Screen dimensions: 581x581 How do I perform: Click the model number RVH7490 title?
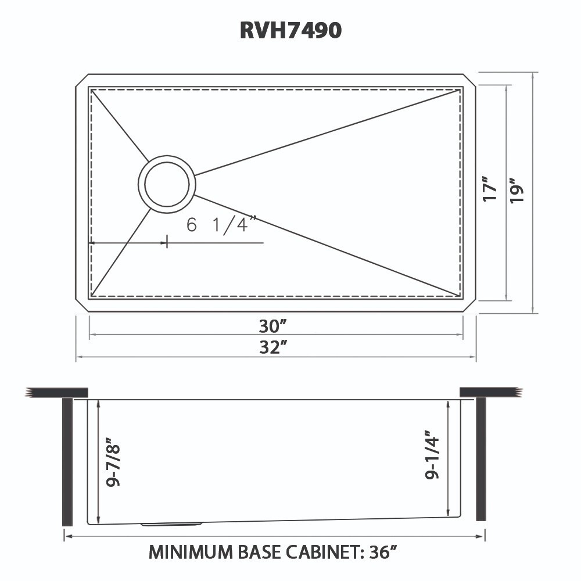click(290, 30)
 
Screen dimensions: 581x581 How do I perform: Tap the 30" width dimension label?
click(275, 325)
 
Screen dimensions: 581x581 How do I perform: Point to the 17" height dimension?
click(490, 189)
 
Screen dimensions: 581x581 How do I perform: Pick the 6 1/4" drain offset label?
click(221, 225)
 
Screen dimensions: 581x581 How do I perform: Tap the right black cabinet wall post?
click(480, 459)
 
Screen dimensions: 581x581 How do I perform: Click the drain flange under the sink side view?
click(171, 524)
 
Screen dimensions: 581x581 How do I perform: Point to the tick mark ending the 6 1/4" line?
click(167, 242)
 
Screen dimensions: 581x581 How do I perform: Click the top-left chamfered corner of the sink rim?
click(81, 80)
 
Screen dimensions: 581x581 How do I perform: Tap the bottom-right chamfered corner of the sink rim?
click(470, 307)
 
